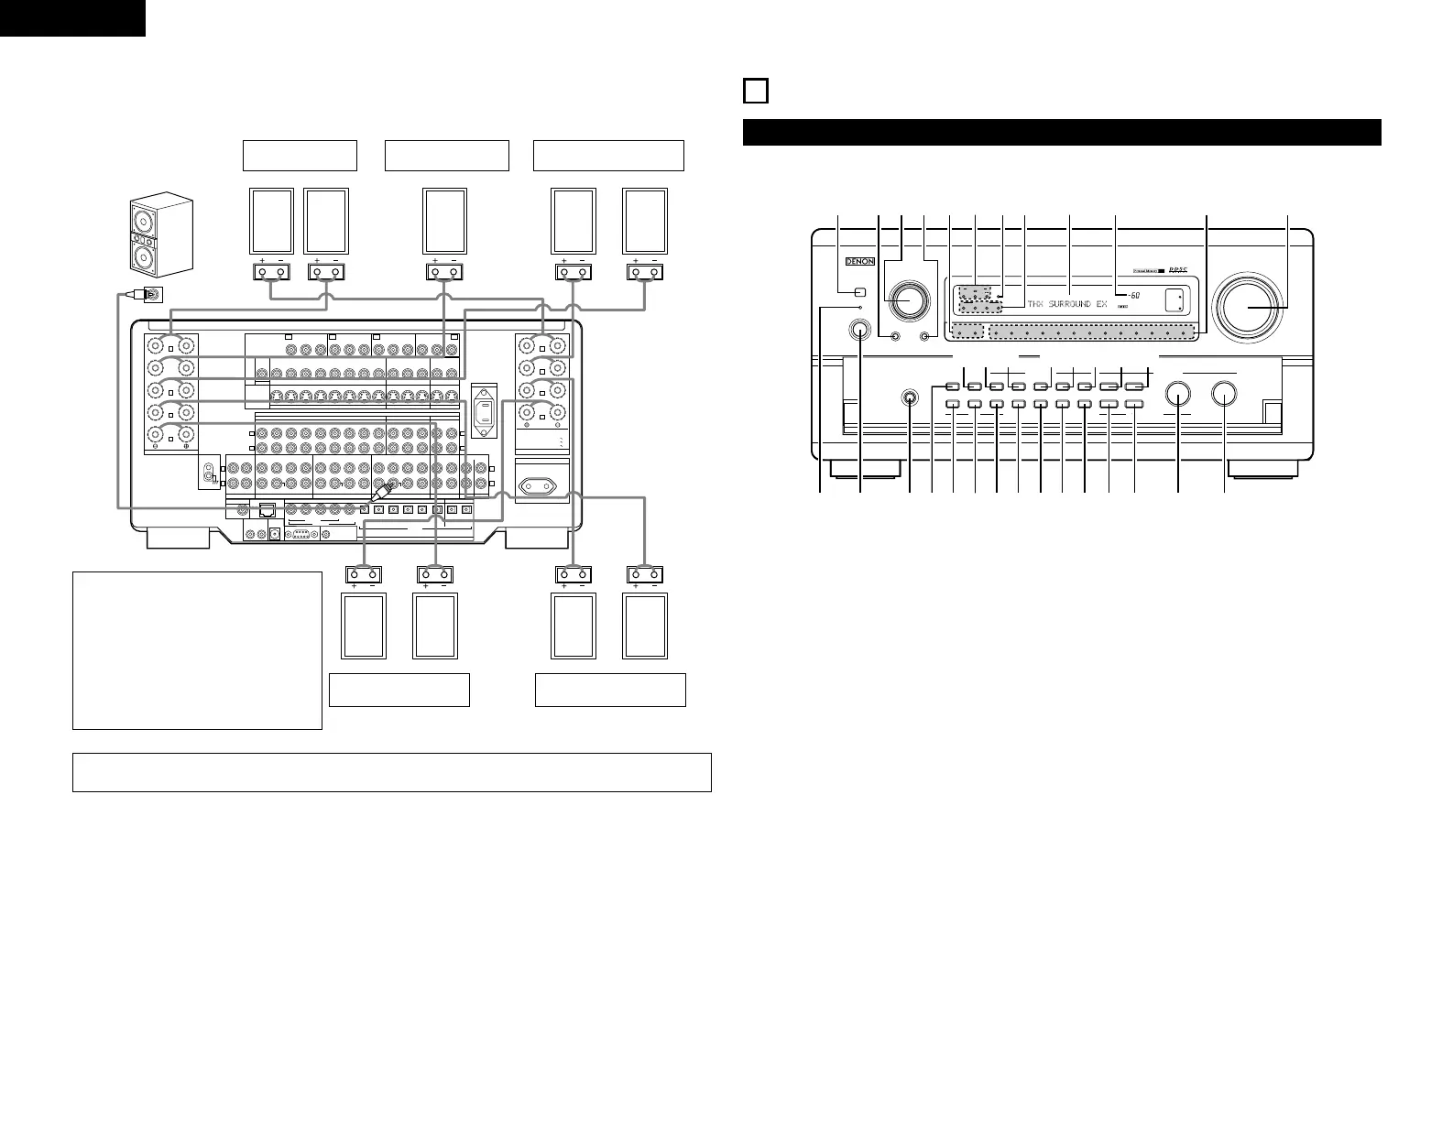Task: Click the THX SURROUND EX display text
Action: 1067,303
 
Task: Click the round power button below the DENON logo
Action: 859,331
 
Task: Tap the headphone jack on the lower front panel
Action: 910,398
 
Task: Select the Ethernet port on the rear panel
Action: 268,511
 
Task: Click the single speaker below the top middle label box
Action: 444,221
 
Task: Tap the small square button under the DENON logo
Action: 858,293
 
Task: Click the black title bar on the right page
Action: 1061,132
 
